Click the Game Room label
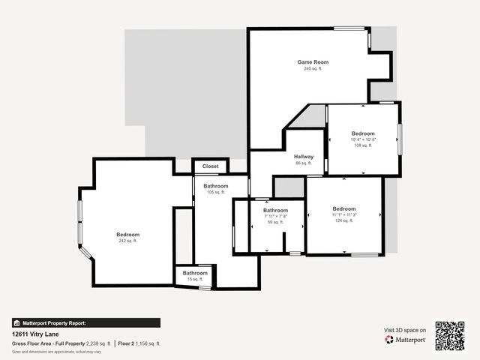click(x=313, y=62)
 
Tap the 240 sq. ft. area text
click(x=313, y=69)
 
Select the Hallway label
click(x=304, y=156)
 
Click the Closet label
click(x=211, y=166)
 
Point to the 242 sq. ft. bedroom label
click(x=128, y=235)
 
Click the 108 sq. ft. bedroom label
click(x=363, y=133)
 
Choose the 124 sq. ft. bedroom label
click(x=344, y=208)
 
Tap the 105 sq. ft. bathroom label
click(x=216, y=185)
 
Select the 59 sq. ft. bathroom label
click(x=275, y=211)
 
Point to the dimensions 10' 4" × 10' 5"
click(x=363, y=139)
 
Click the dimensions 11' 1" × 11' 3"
click(x=344, y=215)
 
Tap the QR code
click(x=450, y=335)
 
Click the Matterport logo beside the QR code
click(x=406, y=340)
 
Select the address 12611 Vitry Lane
click(x=35, y=334)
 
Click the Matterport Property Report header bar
click(x=85, y=322)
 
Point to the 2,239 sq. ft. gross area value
click(x=98, y=343)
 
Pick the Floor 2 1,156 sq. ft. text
click(x=139, y=343)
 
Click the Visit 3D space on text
click(x=405, y=330)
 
